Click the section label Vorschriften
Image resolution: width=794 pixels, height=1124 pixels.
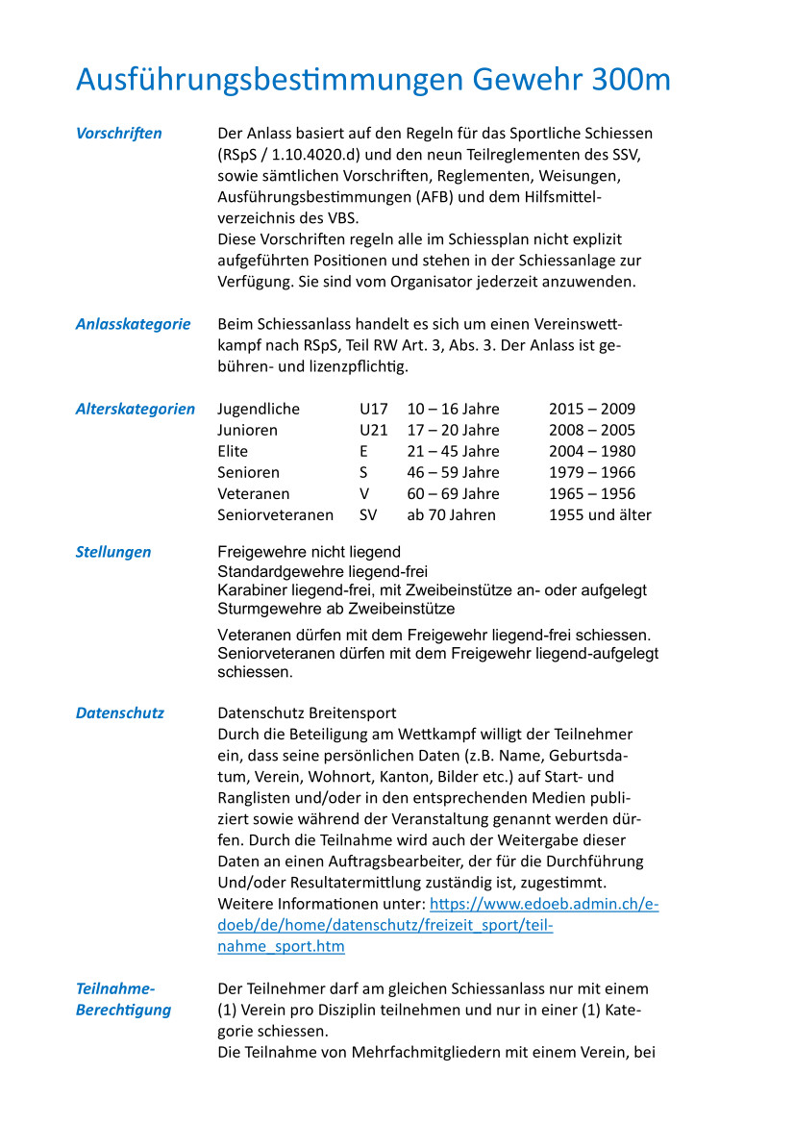click(x=119, y=134)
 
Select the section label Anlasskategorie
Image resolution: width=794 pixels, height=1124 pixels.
click(x=134, y=324)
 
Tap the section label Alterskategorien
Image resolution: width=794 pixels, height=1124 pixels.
click(x=136, y=409)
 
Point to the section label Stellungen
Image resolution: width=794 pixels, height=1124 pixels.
click(x=113, y=552)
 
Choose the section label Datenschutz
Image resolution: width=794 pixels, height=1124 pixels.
click(x=120, y=712)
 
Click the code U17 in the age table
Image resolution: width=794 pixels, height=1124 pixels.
click(x=374, y=409)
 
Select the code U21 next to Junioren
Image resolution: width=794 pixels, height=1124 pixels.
click(x=374, y=430)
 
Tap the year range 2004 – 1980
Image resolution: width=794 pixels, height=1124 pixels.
click(x=592, y=451)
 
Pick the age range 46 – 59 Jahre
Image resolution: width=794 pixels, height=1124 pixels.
click(x=454, y=472)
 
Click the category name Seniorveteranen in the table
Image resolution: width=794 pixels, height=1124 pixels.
click(x=276, y=514)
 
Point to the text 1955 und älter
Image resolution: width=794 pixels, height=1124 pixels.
click(x=600, y=514)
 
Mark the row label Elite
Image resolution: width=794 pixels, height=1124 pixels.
click(x=233, y=451)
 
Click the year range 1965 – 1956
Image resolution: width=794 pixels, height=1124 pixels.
click(x=592, y=493)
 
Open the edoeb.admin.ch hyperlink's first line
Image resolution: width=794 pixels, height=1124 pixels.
click(x=544, y=904)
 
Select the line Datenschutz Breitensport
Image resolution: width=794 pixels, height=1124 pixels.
click(x=307, y=712)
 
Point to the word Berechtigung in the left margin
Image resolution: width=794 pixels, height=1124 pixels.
click(x=124, y=1010)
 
